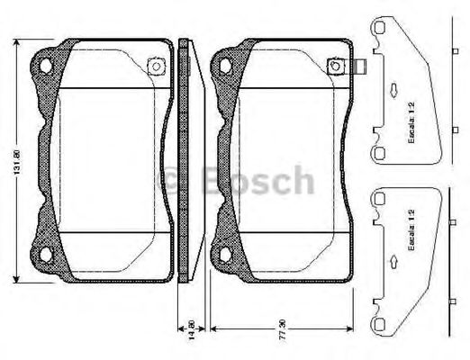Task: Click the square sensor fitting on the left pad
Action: point(154,66)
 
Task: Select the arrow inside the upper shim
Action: point(393,90)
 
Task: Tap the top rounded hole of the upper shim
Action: point(379,30)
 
